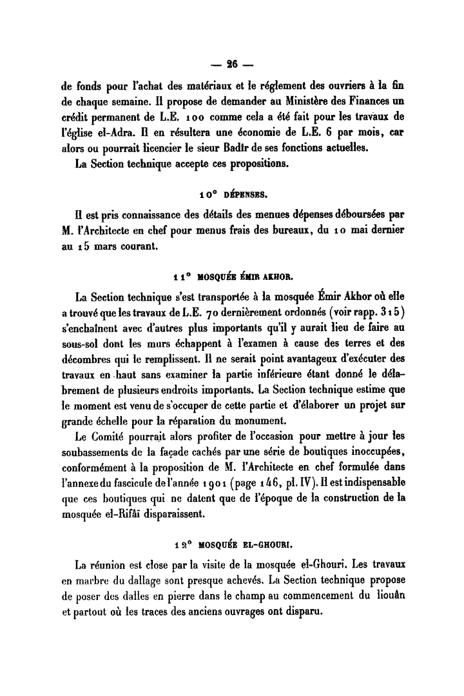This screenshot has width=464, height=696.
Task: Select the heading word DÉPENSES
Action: tap(245, 194)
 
